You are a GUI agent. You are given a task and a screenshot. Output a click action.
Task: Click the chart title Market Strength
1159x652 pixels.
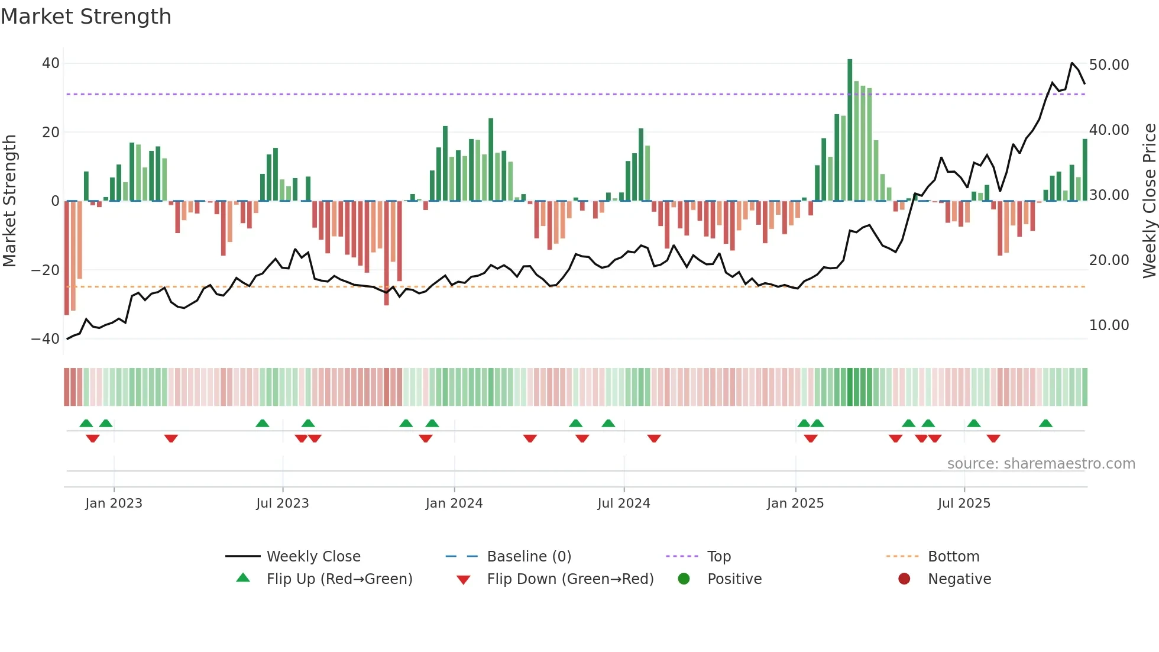coord(86,17)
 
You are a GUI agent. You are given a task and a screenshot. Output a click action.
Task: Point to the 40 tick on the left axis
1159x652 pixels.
coord(51,63)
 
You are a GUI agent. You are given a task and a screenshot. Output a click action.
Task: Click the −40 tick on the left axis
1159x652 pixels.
coord(46,339)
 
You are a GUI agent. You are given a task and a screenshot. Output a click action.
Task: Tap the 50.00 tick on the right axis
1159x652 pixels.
coord(1109,65)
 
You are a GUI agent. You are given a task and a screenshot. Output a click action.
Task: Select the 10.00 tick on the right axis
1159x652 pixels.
coord(1109,325)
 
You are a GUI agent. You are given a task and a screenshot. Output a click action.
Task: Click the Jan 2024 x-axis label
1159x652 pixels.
coord(454,503)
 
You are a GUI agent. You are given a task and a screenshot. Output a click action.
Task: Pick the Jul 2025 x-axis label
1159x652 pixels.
coord(963,503)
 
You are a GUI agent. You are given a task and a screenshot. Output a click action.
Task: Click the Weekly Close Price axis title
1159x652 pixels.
coord(1149,201)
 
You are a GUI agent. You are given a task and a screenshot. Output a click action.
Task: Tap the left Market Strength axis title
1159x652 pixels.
coord(9,201)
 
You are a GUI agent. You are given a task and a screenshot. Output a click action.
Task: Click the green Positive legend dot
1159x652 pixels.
coord(684,579)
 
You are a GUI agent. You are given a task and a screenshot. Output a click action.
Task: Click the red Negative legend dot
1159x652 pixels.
coord(904,579)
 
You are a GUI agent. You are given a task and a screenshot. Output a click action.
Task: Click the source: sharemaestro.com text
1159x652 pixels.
coord(1041,464)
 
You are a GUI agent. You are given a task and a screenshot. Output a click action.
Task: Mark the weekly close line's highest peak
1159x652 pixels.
coord(1072,63)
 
